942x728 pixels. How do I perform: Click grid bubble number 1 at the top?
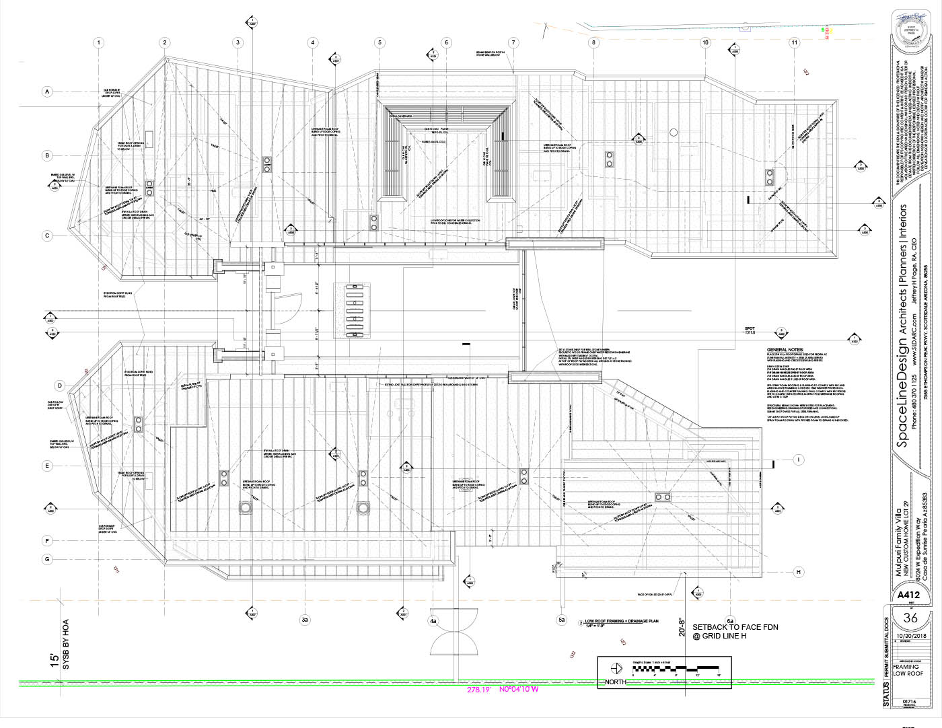point(99,42)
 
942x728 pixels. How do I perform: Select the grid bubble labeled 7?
point(513,42)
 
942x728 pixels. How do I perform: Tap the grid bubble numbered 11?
point(795,42)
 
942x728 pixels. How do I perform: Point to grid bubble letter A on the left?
point(47,92)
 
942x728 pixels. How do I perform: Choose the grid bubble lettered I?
point(799,460)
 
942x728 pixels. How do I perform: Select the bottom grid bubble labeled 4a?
point(433,620)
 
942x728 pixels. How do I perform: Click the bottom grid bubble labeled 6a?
point(730,620)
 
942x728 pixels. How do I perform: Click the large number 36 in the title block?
point(910,618)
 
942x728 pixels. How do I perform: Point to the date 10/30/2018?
point(910,634)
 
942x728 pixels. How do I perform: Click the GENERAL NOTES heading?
point(785,350)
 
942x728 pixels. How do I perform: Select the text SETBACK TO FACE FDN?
point(735,627)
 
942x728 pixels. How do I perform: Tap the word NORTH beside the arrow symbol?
point(615,682)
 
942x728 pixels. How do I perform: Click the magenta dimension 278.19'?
point(480,690)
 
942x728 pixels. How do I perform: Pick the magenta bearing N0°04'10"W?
point(519,689)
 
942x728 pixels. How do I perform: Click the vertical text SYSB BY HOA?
point(66,644)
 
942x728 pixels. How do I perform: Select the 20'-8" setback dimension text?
point(682,627)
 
